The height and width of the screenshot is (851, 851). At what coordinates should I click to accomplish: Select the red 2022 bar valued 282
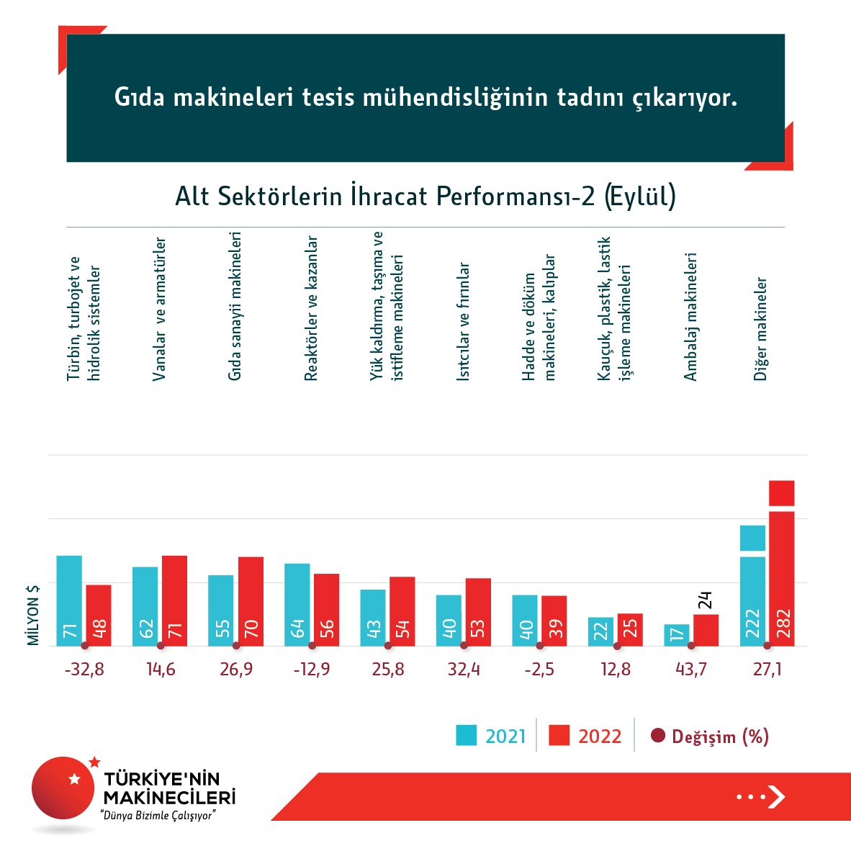(x=781, y=576)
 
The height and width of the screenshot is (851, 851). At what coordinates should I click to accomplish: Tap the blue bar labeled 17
(x=676, y=634)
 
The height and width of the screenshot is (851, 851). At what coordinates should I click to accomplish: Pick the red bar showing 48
(x=99, y=615)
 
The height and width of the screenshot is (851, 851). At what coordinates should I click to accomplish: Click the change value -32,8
(x=84, y=670)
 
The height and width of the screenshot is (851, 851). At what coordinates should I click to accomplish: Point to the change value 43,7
(x=691, y=670)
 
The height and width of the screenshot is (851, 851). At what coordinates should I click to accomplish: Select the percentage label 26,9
(x=236, y=670)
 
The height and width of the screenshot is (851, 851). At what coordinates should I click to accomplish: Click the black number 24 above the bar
(x=705, y=600)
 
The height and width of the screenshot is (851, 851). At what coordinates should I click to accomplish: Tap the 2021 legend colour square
(x=467, y=735)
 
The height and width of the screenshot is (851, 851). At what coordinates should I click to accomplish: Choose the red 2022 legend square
(x=559, y=735)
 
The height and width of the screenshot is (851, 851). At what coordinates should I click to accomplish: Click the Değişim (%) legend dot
(x=657, y=736)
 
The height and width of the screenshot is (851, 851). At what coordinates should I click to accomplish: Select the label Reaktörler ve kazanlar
(x=311, y=307)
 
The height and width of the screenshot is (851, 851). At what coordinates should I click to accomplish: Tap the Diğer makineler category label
(x=760, y=328)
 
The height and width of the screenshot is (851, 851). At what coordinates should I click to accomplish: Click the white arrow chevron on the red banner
(x=776, y=796)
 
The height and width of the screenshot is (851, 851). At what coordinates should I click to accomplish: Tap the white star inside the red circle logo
(x=73, y=778)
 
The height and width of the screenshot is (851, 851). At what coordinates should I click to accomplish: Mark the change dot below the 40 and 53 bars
(x=464, y=646)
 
